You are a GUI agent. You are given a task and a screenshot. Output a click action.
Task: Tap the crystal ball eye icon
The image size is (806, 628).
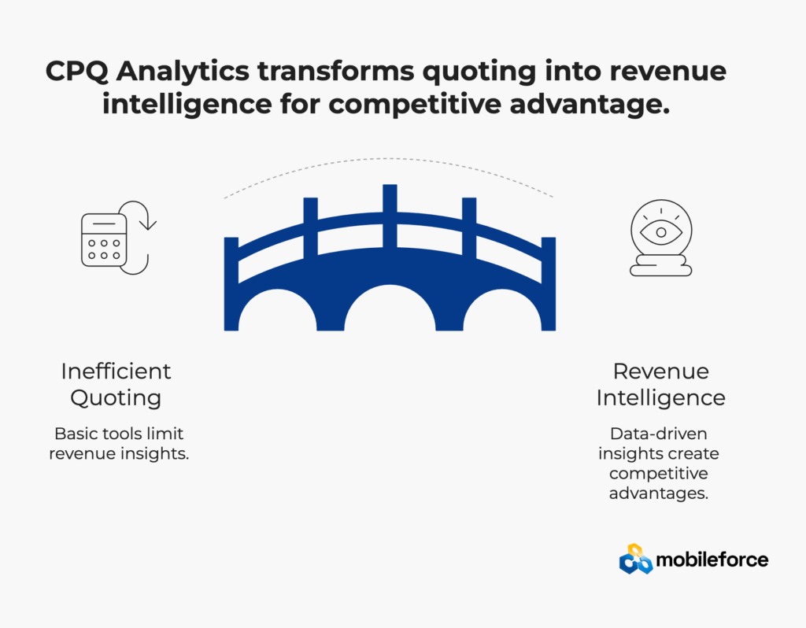661,238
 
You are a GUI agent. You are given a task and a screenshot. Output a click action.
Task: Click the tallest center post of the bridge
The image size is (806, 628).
390,216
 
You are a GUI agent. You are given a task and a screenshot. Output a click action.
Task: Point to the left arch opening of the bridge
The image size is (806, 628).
278,312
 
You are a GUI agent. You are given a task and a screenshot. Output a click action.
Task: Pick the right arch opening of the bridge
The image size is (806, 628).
502,312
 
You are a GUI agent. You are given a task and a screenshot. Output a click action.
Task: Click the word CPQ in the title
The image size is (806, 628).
76,72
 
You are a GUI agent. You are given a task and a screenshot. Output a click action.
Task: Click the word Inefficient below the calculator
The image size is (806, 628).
116,371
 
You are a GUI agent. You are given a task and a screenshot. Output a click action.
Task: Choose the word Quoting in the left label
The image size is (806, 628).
116,398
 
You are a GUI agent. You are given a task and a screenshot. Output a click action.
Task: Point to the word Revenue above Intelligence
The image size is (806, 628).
661,371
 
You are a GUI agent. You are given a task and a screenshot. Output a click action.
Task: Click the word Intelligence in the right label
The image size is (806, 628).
661,398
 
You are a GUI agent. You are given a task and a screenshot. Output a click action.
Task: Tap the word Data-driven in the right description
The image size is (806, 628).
659,434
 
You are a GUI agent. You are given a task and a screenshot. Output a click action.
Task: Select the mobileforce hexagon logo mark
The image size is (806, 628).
636,559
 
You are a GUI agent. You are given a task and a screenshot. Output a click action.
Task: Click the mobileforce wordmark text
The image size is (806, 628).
712,560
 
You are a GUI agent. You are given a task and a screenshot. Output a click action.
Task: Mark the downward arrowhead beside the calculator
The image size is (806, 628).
148,224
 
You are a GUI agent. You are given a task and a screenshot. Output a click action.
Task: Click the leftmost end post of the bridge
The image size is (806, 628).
231,283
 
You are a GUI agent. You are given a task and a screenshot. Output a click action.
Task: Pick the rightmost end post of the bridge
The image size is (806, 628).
549,283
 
